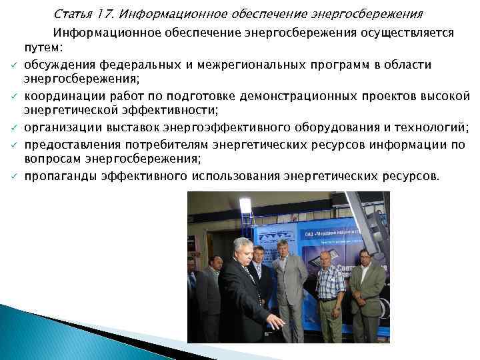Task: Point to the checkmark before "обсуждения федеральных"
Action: (13, 65)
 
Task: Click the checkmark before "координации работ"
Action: (13, 95)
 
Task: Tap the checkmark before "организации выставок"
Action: (13, 127)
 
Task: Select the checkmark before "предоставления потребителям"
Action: (13, 142)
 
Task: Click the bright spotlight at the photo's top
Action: (245, 203)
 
